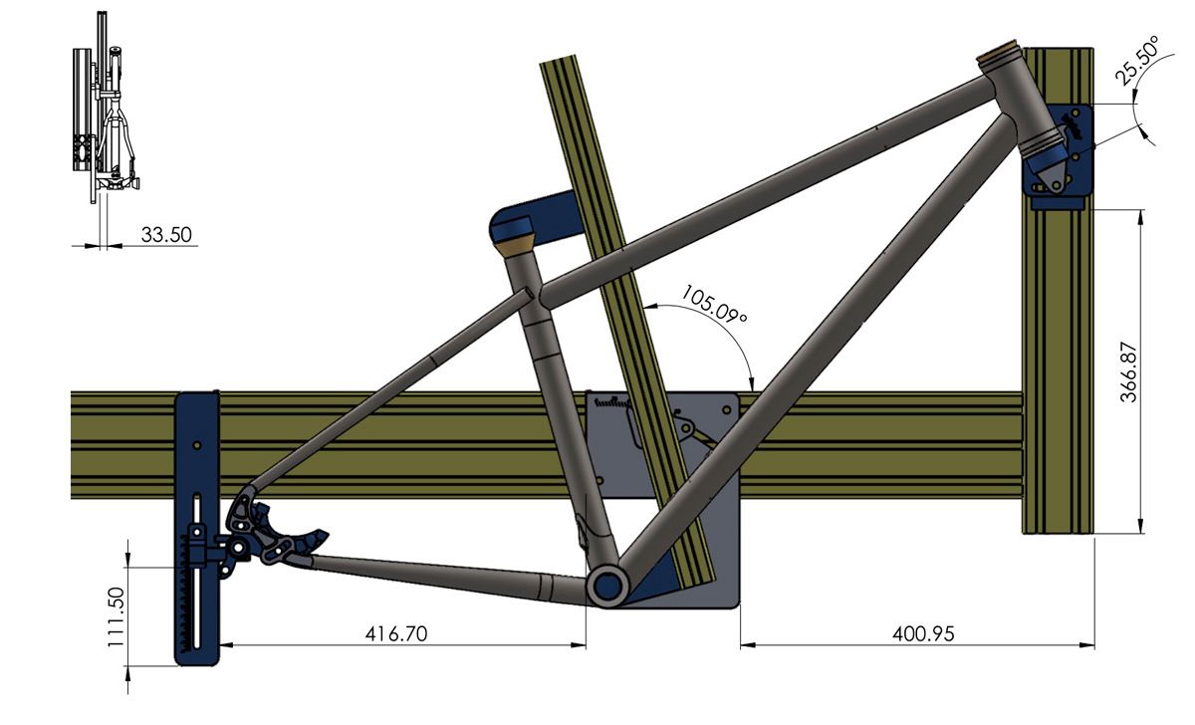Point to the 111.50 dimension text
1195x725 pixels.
[117, 616]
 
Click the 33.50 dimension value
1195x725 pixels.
[166, 235]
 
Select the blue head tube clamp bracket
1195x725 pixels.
[1061, 159]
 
